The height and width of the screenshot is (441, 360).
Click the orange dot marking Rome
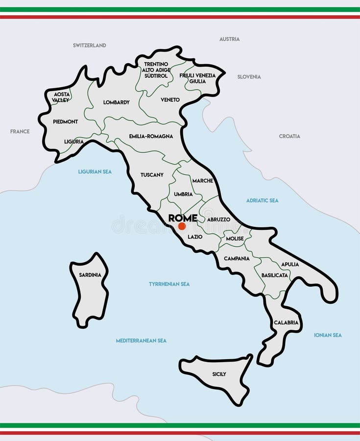pos(182,226)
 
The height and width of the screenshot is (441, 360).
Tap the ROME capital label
pos(183,218)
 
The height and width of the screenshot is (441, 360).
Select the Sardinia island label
pos(90,275)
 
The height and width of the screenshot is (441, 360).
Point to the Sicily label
pos(219,374)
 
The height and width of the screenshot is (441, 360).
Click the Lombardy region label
pos(117,102)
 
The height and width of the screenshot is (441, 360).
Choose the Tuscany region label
pos(152,175)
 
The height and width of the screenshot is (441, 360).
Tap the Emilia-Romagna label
pos(151,136)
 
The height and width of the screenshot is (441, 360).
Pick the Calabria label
pos(286,322)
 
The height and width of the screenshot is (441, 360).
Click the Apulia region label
pos(290,265)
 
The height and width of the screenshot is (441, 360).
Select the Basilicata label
pos(274,275)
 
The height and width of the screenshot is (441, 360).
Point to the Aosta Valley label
pos(61,97)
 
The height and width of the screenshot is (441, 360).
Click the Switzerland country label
pos(90,46)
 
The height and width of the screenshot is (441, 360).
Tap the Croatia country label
pos(289,136)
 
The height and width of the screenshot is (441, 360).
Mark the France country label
pos(20,131)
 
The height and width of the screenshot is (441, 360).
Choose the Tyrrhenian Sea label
pos(169,284)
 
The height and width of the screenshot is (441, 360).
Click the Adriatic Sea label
pos(262,200)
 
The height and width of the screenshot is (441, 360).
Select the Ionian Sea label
pos(328,335)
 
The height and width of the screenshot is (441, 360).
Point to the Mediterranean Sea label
pos(141,341)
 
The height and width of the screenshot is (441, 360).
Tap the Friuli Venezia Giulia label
pos(197,78)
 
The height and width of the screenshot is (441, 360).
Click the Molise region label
pos(235,239)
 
